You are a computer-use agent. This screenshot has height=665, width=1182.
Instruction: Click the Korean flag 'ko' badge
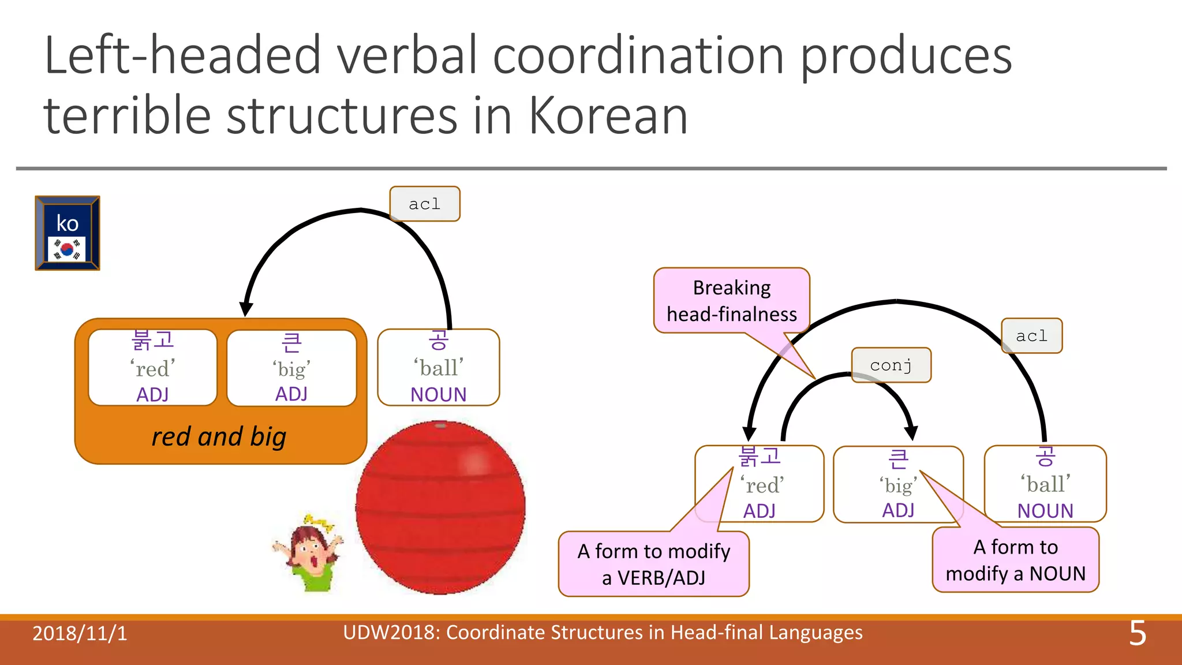[x=68, y=233]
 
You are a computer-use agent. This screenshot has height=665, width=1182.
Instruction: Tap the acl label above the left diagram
[x=425, y=204]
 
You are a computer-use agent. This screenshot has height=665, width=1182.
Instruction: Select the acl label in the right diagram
[x=1031, y=336]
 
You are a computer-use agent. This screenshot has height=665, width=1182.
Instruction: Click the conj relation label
[x=891, y=365]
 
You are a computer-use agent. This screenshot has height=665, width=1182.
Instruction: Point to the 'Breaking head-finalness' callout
[x=731, y=300]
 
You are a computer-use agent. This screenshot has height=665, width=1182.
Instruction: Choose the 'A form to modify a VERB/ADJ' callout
[x=653, y=564]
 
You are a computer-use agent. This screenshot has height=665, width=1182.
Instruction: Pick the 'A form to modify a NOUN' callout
[x=1015, y=560]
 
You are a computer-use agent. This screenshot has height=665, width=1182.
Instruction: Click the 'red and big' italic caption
[x=219, y=437]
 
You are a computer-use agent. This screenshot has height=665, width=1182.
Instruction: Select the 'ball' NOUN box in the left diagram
[x=438, y=368]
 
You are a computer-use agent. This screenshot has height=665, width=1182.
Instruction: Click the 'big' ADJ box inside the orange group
[x=291, y=368]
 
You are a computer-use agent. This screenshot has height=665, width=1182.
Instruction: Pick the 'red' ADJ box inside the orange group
[x=153, y=368]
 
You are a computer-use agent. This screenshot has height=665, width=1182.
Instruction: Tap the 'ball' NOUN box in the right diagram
[x=1045, y=484]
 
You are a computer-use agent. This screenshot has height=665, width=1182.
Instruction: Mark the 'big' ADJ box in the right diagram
[x=898, y=484]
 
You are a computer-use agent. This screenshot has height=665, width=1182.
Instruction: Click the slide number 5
[x=1137, y=634]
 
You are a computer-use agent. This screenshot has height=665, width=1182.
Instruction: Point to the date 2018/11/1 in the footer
[x=80, y=634]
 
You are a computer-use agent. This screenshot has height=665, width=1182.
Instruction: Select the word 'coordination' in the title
[x=638, y=55]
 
